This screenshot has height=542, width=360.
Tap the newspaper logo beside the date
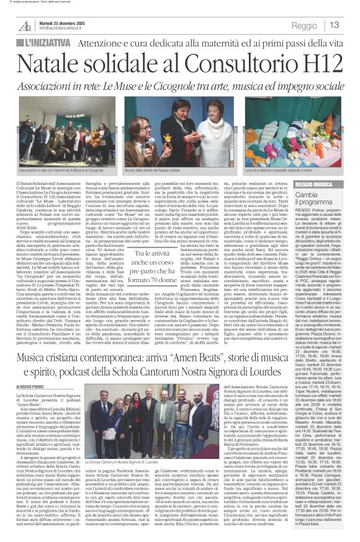click(25, 25)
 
